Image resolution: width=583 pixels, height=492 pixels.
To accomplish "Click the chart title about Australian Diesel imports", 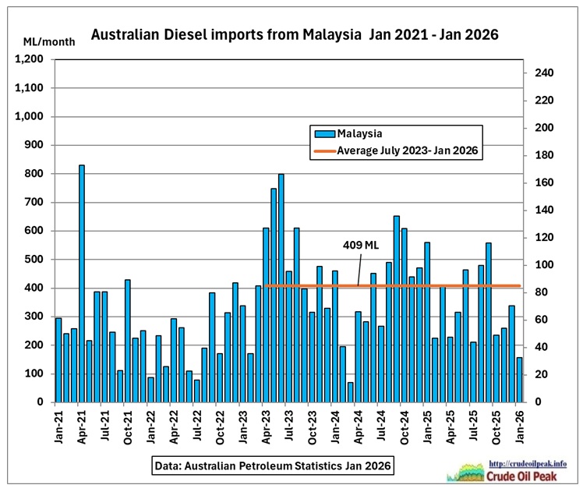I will pos(295,35).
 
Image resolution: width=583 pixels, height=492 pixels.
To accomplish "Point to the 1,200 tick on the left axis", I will pos(31,59).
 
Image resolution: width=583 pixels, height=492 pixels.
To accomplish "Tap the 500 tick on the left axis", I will pos(37,260).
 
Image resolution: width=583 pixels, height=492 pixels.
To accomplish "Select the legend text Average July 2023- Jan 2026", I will pos(407,150).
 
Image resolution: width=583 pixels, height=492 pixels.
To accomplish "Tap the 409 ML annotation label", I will pos(359,245).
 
